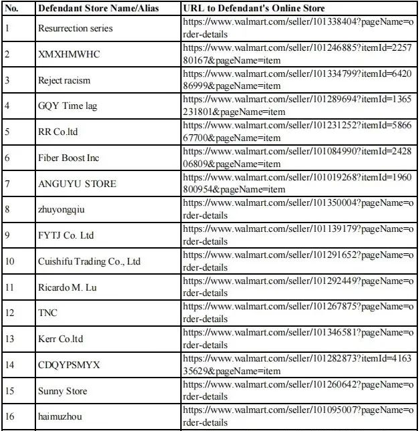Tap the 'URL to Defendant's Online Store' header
(253, 9)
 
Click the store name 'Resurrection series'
(75, 29)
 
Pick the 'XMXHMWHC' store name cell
(69, 54)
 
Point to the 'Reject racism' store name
(64, 80)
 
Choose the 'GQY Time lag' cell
(67, 106)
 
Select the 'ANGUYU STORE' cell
(77, 184)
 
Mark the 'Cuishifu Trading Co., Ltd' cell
(89, 261)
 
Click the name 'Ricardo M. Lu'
(66, 287)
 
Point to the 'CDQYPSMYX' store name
(69, 365)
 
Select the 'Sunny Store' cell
(63, 391)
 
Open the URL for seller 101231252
(298, 132)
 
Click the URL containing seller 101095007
(298, 416)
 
